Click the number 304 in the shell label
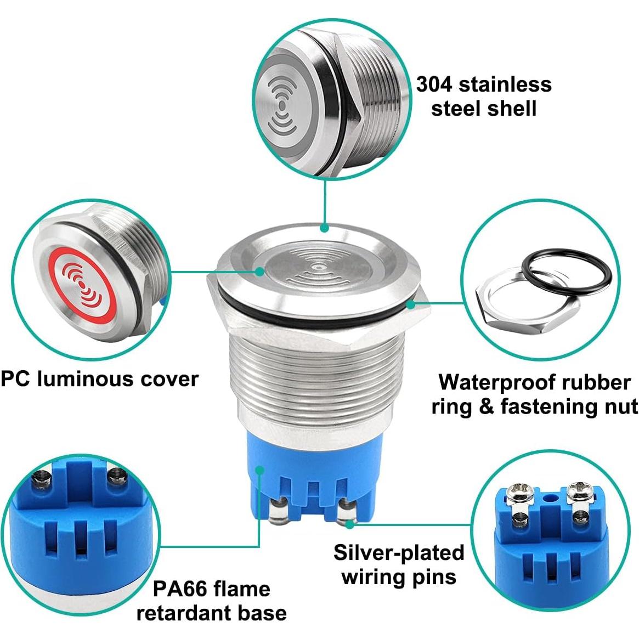(434, 84)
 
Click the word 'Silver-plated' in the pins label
(399, 553)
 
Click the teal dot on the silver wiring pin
(349, 524)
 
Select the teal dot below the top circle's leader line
(325, 227)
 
